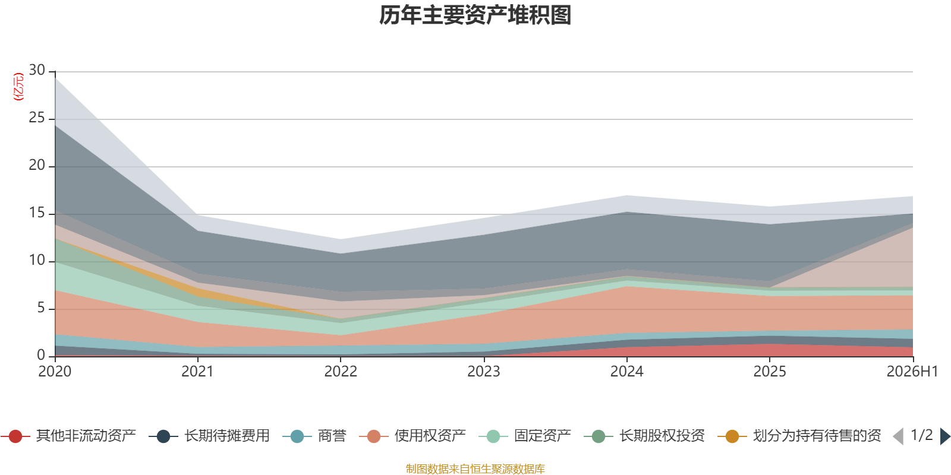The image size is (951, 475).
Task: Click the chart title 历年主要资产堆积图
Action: click(475, 15)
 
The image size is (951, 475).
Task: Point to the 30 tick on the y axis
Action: click(37, 71)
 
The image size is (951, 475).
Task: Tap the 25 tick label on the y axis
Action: click(37, 118)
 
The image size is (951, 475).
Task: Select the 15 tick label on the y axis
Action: click(37, 213)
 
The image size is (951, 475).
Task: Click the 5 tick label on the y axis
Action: click(41, 308)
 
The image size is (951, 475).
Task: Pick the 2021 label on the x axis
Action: click(197, 372)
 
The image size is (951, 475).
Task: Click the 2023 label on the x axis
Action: click(484, 372)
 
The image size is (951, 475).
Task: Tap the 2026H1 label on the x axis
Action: click(912, 372)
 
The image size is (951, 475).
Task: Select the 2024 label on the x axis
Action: click(626, 372)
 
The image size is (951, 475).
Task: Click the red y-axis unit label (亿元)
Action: click(18, 87)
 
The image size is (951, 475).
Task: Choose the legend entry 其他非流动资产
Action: click(68, 436)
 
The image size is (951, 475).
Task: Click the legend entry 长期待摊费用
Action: click(209, 436)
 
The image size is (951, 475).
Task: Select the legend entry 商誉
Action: click(314, 436)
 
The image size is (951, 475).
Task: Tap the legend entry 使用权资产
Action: click(412, 436)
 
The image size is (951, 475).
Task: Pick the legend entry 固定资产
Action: click(525, 436)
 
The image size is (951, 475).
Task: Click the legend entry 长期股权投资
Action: click(644, 436)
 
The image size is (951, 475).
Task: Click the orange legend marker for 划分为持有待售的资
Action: click(732, 436)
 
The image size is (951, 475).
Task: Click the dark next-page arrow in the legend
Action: click(944, 436)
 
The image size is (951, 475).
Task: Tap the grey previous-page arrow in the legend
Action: click(898, 436)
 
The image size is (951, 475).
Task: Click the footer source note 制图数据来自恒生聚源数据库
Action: click(475, 468)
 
